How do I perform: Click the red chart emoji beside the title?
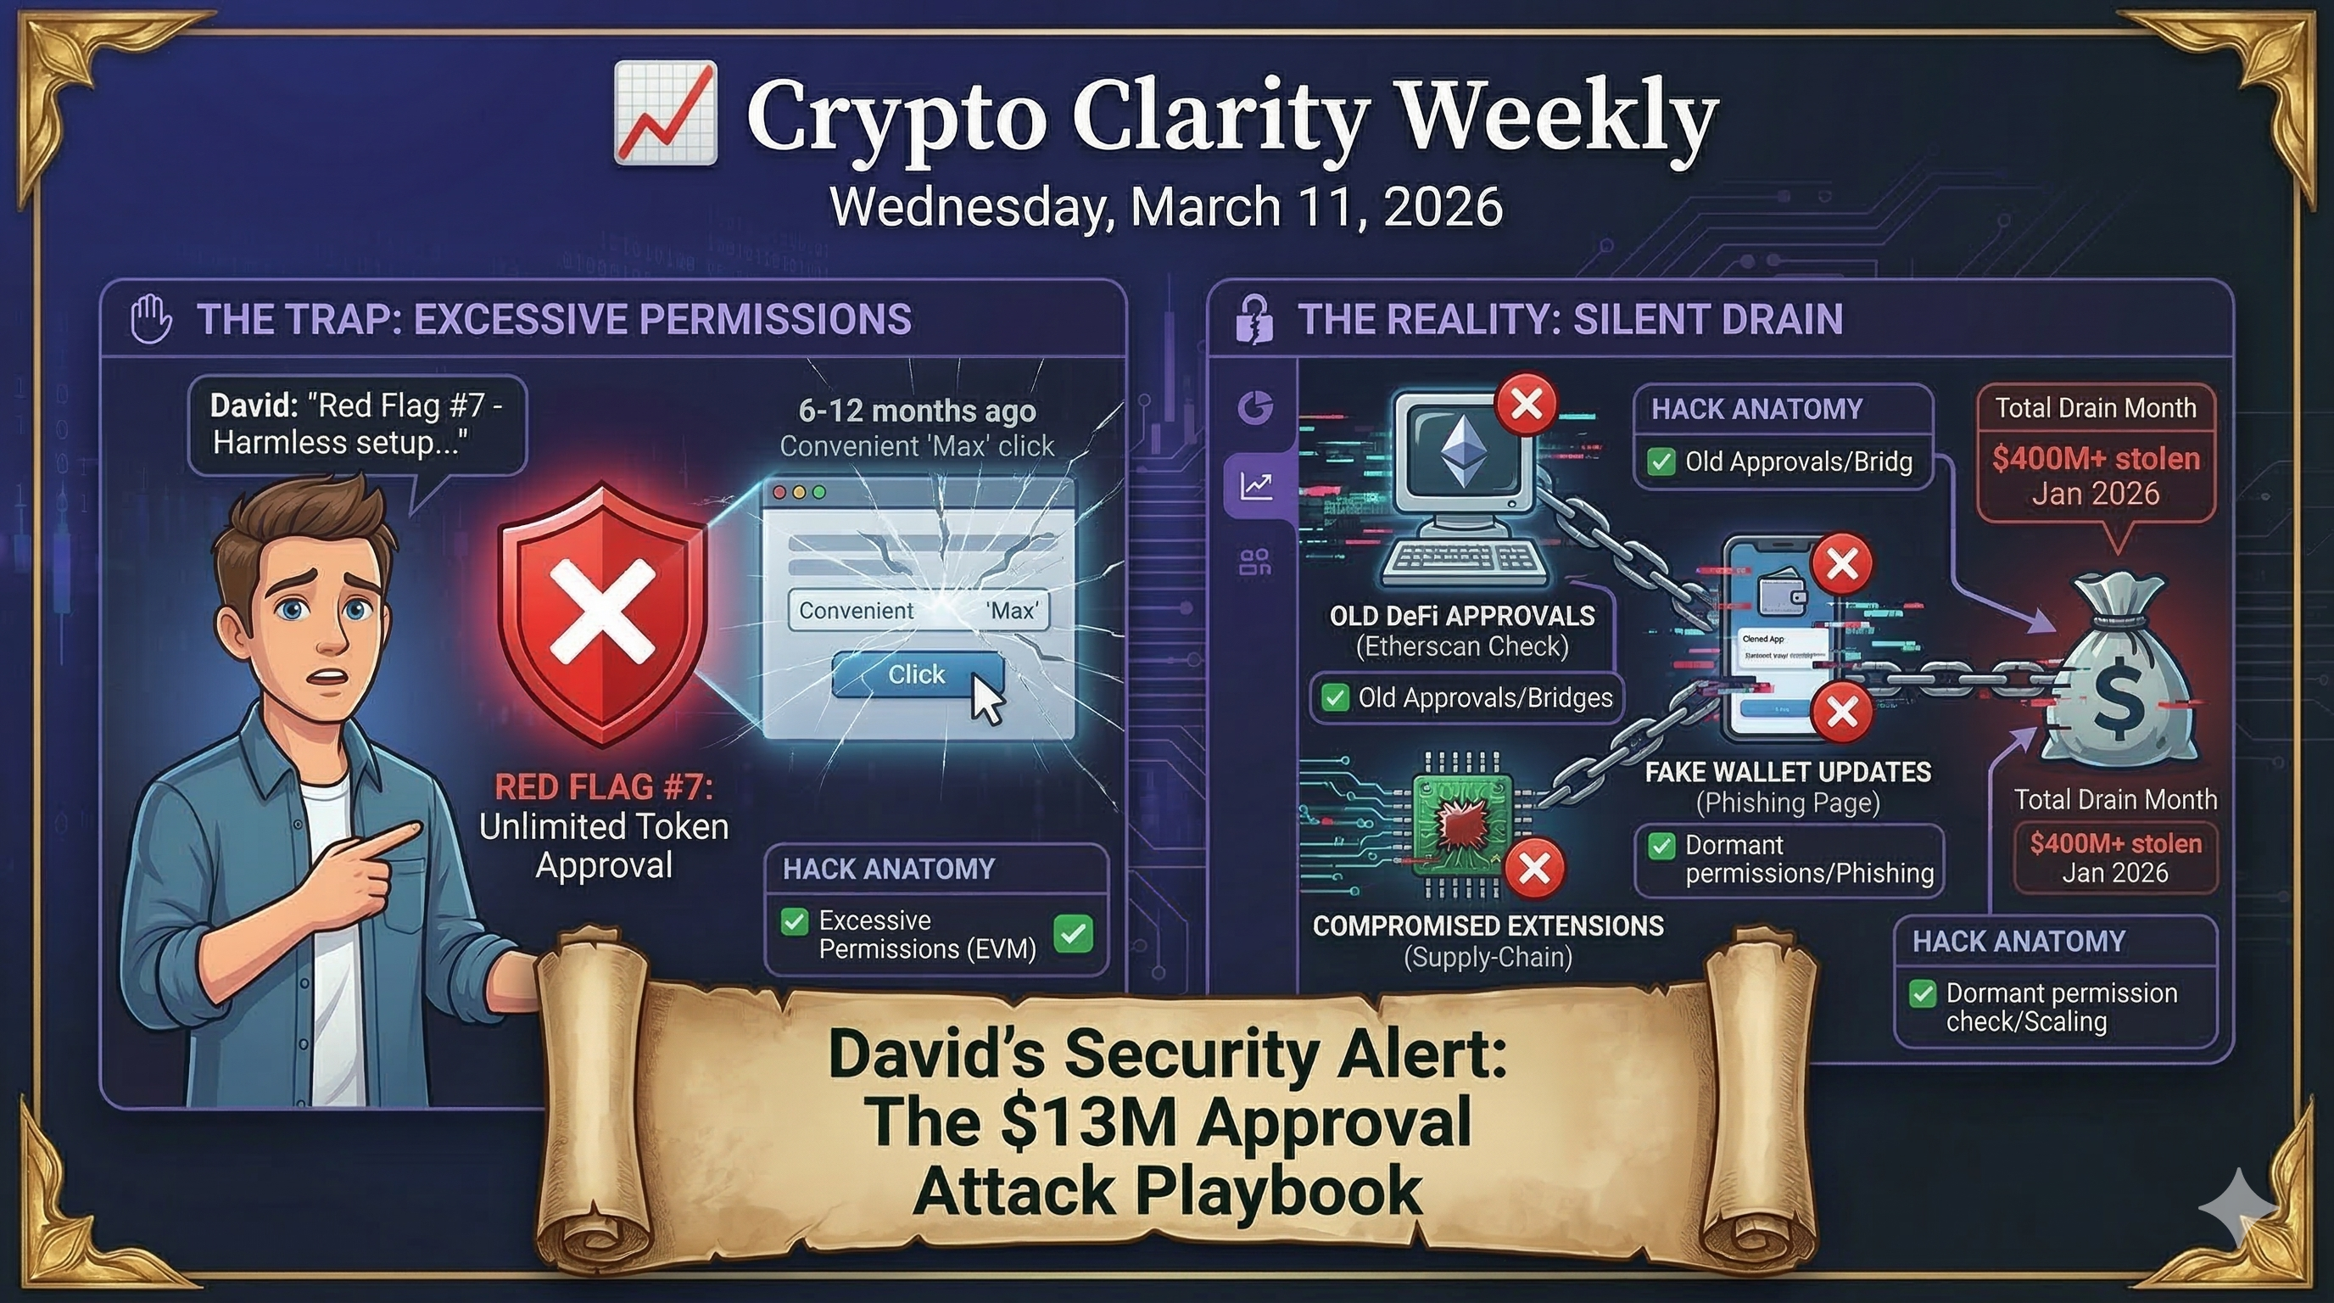coord(666,114)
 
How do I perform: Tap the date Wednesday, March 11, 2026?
coord(1166,207)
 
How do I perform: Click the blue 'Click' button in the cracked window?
coord(916,674)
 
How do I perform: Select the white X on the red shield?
coord(602,610)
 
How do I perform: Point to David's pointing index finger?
coord(399,835)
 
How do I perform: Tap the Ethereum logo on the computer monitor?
coord(1461,448)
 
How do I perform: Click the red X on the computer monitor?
coord(1527,403)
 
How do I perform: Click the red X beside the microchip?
coord(1534,868)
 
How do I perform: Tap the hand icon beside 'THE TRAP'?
coord(150,318)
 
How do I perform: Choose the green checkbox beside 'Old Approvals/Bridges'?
coord(1335,697)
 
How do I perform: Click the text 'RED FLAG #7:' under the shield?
coord(604,786)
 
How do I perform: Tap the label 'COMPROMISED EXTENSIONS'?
coord(1488,926)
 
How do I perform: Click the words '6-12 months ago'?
coord(916,411)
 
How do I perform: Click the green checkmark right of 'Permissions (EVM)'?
coord(1074,933)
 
